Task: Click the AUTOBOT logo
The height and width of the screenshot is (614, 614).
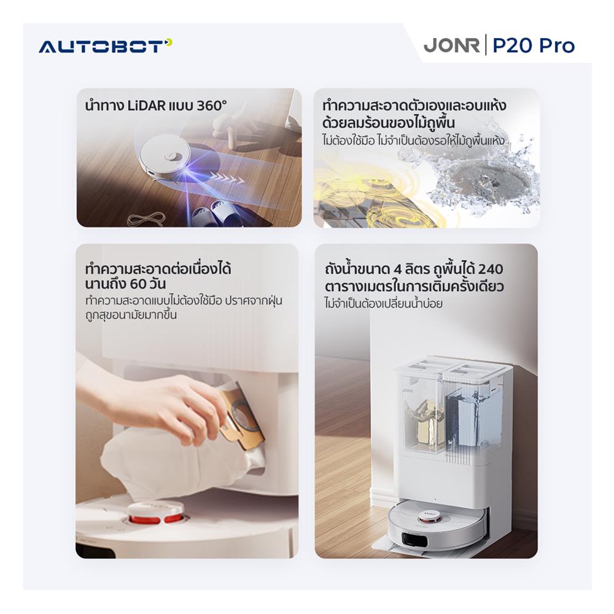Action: [x=106, y=46]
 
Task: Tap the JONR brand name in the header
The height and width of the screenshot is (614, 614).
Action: [x=451, y=45]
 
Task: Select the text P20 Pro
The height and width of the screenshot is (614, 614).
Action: [x=534, y=45]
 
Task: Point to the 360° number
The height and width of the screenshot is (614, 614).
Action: [x=211, y=106]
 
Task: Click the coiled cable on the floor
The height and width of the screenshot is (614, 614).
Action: [x=145, y=218]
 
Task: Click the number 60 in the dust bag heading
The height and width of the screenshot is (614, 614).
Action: [x=138, y=284]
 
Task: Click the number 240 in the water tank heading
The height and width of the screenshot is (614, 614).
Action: [x=490, y=270]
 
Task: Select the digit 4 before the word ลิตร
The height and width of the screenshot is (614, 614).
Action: [x=398, y=270]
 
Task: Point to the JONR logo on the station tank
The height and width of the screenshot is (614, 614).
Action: [x=408, y=391]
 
